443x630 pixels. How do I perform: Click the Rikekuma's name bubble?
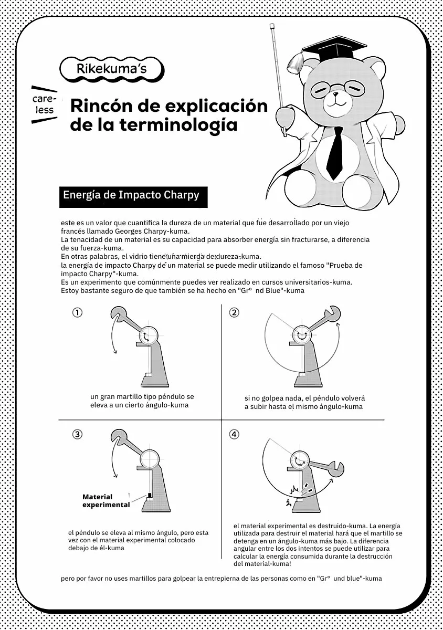pyautogui.click(x=112, y=68)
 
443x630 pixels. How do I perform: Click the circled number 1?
pyautogui.click(x=77, y=312)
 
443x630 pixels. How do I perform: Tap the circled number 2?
pyautogui.click(x=234, y=312)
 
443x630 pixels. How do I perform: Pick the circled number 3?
pyautogui.click(x=77, y=434)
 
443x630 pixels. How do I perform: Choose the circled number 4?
pyautogui.click(x=234, y=434)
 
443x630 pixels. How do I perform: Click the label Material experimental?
pyautogui.click(x=106, y=501)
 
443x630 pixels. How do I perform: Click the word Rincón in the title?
pyautogui.click(x=100, y=106)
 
